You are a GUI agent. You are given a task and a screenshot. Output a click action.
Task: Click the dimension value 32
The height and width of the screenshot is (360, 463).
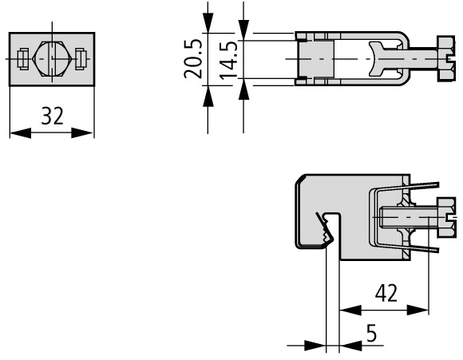(x=52, y=116)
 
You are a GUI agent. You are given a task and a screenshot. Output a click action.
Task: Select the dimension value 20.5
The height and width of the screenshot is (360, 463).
(x=193, y=59)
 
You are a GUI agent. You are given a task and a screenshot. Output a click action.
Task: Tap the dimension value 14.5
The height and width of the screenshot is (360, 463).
(x=228, y=61)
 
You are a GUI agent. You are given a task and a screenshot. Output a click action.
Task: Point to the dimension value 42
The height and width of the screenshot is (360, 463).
(x=386, y=293)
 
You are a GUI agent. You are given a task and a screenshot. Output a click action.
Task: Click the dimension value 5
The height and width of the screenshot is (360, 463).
(x=371, y=333)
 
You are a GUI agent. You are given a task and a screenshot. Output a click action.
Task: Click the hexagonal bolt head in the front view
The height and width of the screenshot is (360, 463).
(x=52, y=59)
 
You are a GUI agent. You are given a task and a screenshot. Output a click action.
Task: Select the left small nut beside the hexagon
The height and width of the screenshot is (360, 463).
(x=23, y=59)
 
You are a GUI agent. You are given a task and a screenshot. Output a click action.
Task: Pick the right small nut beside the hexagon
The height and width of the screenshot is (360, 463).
(x=81, y=59)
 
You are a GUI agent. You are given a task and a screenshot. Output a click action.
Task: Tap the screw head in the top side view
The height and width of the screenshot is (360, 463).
(x=445, y=59)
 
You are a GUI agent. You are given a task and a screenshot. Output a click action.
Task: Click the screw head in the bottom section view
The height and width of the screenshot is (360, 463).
(x=446, y=217)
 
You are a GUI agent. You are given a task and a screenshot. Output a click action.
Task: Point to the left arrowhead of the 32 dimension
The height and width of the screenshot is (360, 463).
(x=21, y=133)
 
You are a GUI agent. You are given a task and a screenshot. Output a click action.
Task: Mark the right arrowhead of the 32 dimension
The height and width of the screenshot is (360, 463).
(x=82, y=133)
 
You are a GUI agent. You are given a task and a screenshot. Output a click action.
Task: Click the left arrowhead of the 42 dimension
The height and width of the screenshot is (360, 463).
(x=350, y=311)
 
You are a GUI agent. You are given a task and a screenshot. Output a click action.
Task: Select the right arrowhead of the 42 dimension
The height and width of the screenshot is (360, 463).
(x=417, y=311)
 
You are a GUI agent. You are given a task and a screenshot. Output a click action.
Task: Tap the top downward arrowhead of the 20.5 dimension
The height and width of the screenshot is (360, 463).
(x=208, y=22)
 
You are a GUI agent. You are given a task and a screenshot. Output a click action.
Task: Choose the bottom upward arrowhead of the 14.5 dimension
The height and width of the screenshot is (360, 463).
(x=243, y=89)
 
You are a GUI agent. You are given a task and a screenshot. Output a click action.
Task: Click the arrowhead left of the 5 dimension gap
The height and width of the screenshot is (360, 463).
(x=315, y=346)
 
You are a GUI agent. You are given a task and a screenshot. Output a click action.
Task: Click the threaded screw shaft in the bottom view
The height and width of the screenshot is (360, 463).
(x=408, y=217)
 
